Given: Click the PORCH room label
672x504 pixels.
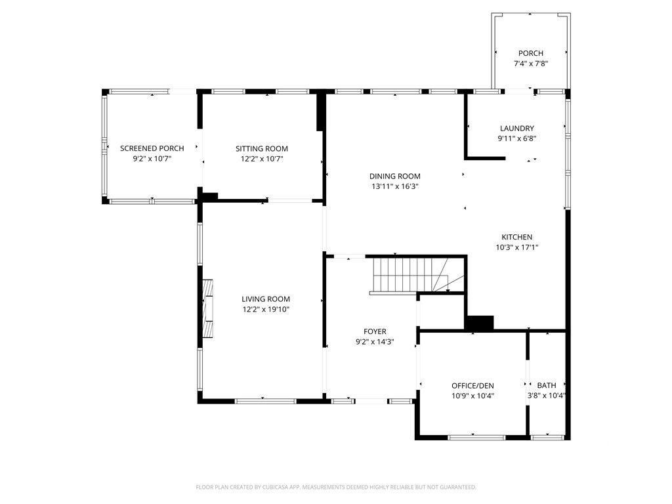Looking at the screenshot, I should coord(530,53).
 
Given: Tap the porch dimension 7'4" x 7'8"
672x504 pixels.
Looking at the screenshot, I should coord(530,64).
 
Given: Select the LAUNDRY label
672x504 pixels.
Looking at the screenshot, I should coord(516,129).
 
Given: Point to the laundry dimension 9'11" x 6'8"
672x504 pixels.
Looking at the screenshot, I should coord(516,138).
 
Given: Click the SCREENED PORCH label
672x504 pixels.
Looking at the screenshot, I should coord(152,148).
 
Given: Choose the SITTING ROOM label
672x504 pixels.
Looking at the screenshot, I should coord(262,148).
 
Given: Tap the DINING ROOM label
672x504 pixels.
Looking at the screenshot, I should coord(394,176).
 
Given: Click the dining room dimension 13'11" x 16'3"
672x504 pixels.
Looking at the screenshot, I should coord(394,186).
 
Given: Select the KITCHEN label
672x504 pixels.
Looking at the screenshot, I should coord(516,237).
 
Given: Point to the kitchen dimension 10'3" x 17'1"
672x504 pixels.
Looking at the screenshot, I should coord(516,247).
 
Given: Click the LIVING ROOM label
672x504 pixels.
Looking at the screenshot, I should coord(266,299).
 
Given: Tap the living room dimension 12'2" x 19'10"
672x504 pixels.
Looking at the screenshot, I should coord(266,309).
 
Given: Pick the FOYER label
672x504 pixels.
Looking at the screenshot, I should coord(375,331).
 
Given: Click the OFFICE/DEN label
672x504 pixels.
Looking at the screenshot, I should coord(472,385).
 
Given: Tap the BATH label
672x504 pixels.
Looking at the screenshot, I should coord(546,385).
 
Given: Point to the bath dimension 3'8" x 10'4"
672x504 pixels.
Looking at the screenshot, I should coord(546,396).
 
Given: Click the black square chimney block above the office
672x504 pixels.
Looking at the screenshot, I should coord(479,323).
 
